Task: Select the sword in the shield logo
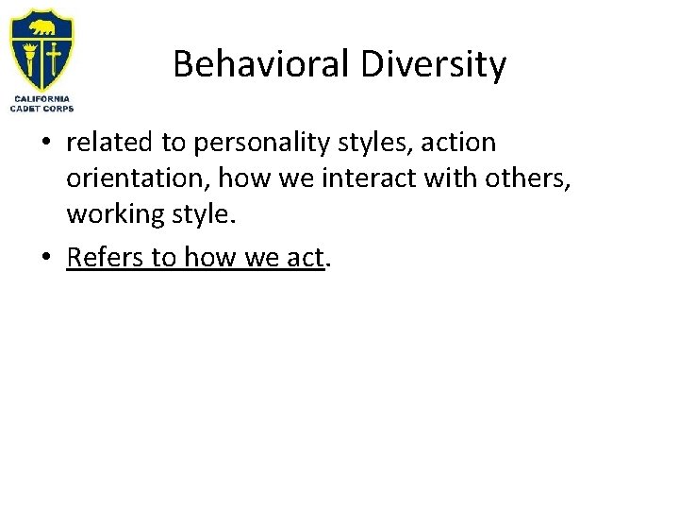(54, 58)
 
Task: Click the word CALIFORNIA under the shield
(41, 98)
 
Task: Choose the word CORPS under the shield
(59, 108)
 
